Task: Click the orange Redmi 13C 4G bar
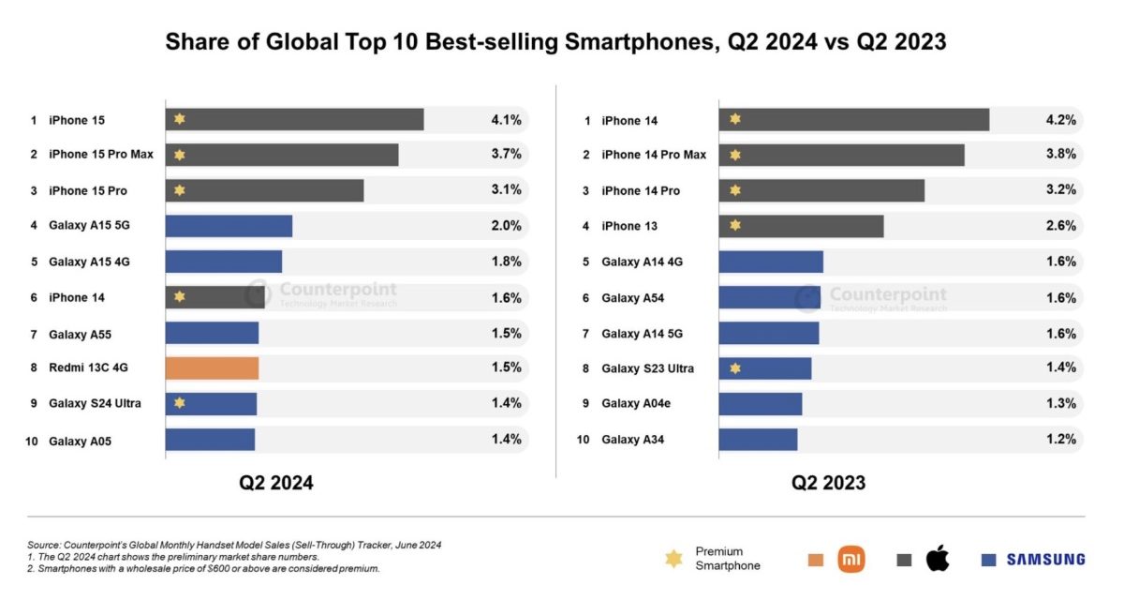pos(212,367)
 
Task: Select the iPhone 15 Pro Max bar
pos(282,155)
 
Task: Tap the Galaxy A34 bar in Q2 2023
pos(758,439)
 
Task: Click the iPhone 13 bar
pos(801,226)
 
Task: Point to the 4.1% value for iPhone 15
pos(506,120)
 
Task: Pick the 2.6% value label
pos(1060,226)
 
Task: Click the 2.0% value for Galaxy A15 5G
pos(506,226)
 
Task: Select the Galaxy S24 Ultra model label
pos(95,403)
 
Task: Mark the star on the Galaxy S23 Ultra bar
pos(735,368)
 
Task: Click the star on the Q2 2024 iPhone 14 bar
pos(180,297)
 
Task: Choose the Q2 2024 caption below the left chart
pos(275,484)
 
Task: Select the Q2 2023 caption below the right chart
pos(828,484)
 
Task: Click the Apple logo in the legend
pos(938,560)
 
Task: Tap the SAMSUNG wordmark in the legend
pos(1045,560)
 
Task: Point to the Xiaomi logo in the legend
pos(851,560)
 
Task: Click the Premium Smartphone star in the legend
pos(673,559)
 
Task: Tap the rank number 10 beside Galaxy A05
pos(32,441)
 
